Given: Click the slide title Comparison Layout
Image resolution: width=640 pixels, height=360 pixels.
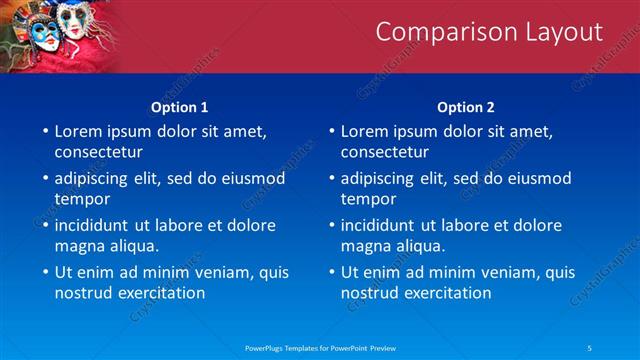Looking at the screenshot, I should (489, 32).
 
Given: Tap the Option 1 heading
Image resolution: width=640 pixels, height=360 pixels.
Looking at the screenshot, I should (180, 107).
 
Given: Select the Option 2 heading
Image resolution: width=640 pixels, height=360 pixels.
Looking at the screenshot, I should (466, 107).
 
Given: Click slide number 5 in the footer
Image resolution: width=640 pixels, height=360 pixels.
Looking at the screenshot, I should (590, 347).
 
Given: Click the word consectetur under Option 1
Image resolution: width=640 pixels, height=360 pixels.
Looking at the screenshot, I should (99, 152).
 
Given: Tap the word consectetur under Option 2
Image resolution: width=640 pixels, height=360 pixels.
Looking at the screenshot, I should (385, 152).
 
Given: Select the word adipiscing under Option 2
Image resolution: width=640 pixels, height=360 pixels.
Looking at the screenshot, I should (378, 178).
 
